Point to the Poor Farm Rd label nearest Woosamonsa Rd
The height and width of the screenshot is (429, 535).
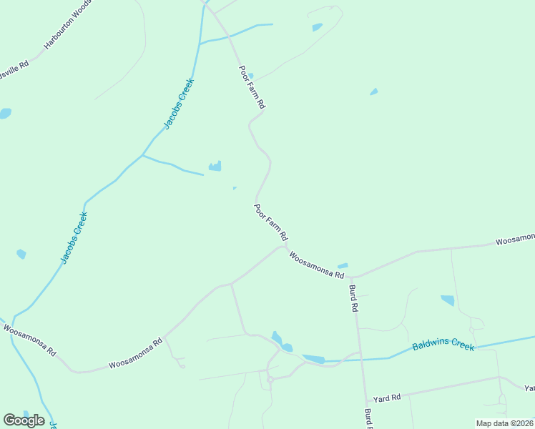point(271,222)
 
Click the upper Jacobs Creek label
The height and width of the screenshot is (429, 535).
point(179,103)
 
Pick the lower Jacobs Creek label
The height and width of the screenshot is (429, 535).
point(74,237)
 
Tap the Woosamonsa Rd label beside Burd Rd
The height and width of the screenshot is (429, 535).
point(317,265)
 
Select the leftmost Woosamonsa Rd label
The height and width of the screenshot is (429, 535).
point(29,340)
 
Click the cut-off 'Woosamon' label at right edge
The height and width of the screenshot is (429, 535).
point(515,239)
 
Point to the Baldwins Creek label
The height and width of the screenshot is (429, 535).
point(443,345)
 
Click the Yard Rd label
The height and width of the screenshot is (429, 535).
point(387,398)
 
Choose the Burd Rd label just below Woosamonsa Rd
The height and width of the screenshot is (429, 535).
point(353,298)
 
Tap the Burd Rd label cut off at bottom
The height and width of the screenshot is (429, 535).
point(368,419)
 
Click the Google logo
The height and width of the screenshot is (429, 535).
point(24,420)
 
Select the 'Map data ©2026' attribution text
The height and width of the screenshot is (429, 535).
point(504,423)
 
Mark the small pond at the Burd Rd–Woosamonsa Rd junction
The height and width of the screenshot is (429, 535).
point(343,267)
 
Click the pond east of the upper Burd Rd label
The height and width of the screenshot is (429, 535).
point(448,300)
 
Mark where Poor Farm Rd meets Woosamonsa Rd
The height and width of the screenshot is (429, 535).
point(286,247)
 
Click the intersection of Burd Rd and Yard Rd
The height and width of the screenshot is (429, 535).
point(365,402)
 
